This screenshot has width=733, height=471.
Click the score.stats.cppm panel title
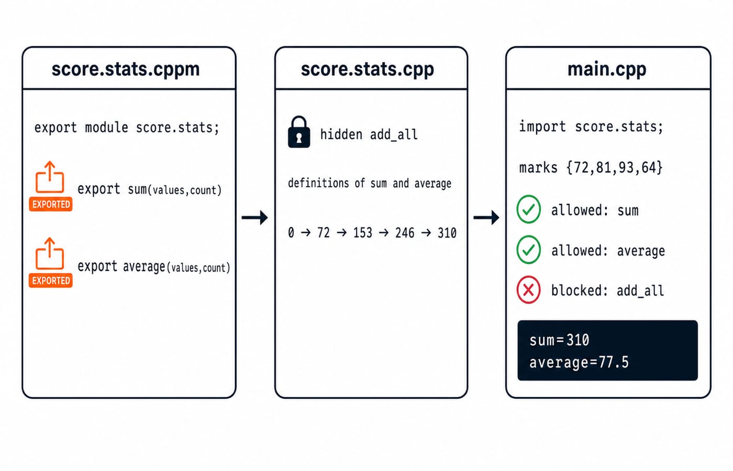point(126,69)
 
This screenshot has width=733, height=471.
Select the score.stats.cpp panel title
point(368,69)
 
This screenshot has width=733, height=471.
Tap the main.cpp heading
point(607,69)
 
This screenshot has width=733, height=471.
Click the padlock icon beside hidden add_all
point(299,131)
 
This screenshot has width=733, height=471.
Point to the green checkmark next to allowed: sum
point(528,209)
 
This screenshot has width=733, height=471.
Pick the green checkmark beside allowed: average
point(528,250)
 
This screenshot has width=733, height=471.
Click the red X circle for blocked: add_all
point(528,290)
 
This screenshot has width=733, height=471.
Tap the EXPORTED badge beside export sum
point(51,204)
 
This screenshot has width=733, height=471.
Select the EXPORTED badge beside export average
point(51,281)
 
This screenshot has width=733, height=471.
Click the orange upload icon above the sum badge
point(50,177)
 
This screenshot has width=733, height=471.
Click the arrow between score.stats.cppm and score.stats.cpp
point(254,218)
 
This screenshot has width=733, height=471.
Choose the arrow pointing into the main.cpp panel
point(486,218)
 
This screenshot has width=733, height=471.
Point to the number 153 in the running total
point(362,233)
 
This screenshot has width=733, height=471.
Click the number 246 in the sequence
point(405,233)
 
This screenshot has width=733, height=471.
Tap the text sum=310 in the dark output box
point(559,340)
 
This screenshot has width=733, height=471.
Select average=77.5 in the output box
point(579,362)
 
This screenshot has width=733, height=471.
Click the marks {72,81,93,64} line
point(591,167)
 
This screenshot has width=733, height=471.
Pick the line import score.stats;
point(591,127)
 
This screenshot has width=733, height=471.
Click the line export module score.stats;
point(127,127)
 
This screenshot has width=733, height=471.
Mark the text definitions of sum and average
point(370,183)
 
